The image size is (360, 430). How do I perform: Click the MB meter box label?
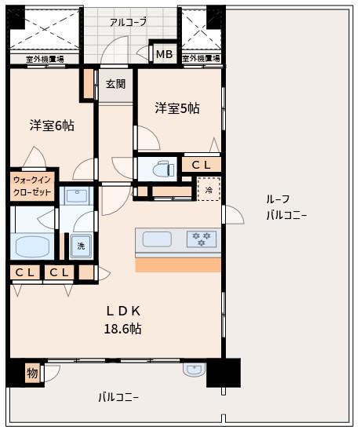pos(164,54)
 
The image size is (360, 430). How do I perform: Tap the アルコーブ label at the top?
pos(129,22)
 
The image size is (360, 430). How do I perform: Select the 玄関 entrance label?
pos(116,84)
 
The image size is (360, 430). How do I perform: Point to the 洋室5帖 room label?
pos(177,108)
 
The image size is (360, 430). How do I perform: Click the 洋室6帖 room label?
pos(52,126)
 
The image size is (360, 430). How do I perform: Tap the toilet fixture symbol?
pos(164,169)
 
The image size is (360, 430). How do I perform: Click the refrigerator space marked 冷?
pos(209,189)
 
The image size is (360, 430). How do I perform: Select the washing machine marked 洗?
pos(81,246)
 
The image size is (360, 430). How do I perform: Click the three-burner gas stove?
pos(202,239)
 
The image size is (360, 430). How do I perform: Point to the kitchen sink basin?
pos(157,239)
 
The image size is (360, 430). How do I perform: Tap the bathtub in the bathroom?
pos(32,246)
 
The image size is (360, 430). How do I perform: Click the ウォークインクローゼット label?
pos(32,186)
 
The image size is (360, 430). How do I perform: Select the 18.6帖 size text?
pos(122,329)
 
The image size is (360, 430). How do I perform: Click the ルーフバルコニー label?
pos(286,207)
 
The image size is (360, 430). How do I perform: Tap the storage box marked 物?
pos(33,373)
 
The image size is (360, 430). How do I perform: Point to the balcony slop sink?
pos(195,369)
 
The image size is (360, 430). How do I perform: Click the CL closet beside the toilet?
pos(202,165)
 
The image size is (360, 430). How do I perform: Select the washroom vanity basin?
pos(77,195)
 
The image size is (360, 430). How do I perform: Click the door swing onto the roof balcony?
pos(235,214)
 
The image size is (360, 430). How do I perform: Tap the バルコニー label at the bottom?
pos(118,398)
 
